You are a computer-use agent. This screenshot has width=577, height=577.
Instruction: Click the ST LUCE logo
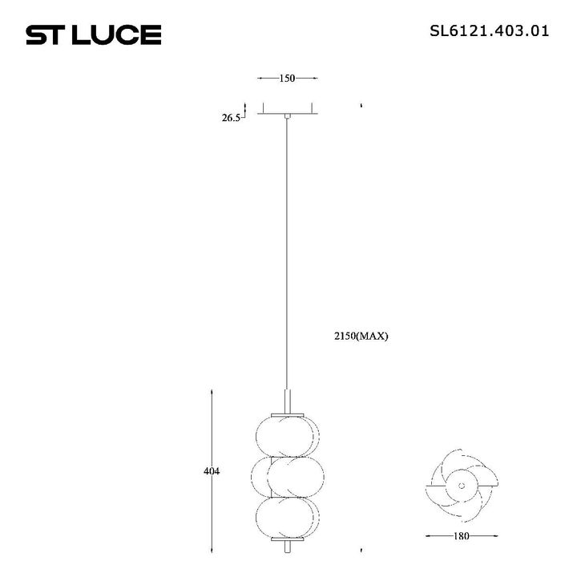pyautogui.click(x=94, y=34)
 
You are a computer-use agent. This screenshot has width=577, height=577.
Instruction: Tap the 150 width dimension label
pyautogui.click(x=288, y=79)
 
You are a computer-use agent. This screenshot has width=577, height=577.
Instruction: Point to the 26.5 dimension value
pyautogui.click(x=232, y=118)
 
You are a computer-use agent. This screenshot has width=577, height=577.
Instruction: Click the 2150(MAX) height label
pyautogui.click(x=361, y=337)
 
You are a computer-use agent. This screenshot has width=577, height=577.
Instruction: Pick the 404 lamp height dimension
pyautogui.click(x=212, y=471)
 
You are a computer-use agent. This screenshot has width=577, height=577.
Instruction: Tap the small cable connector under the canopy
pyautogui.click(x=288, y=119)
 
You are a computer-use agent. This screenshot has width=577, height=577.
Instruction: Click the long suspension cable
pyautogui.click(x=288, y=256)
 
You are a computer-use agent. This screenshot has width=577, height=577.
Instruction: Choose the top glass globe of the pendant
pyautogui.click(x=288, y=435)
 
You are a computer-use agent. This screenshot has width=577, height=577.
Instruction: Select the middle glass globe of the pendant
pyautogui.click(x=288, y=477)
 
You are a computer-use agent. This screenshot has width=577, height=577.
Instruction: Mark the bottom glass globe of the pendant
pyautogui.click(x=288, y=518)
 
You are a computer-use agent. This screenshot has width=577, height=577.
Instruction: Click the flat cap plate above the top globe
pyautogui.click(x=288, y=413)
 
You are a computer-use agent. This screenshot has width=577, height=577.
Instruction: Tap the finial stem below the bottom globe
pyautogui.click(x=288, y=547)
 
